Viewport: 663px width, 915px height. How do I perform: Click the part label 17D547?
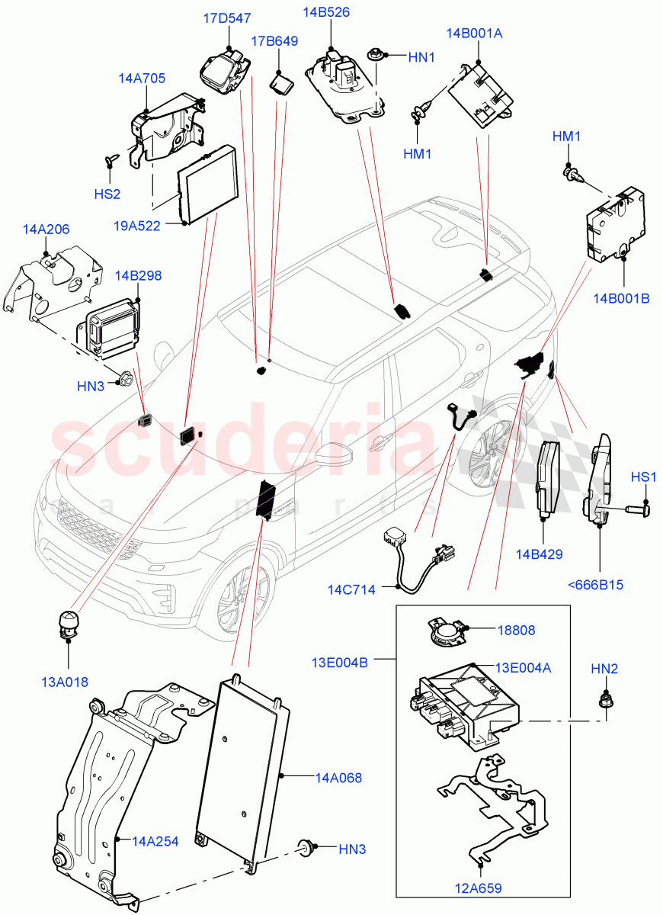point(227,18)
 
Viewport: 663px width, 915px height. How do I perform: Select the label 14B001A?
point(474,33)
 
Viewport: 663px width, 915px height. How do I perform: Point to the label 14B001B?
point(621,298)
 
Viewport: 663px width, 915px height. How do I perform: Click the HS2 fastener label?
point(107,194)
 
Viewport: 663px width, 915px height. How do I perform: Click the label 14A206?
point(46,229)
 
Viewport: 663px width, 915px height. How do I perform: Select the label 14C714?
point(352,589)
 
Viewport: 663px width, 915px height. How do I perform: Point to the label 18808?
point(516,631)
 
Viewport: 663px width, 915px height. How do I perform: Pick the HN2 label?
point(604,669)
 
